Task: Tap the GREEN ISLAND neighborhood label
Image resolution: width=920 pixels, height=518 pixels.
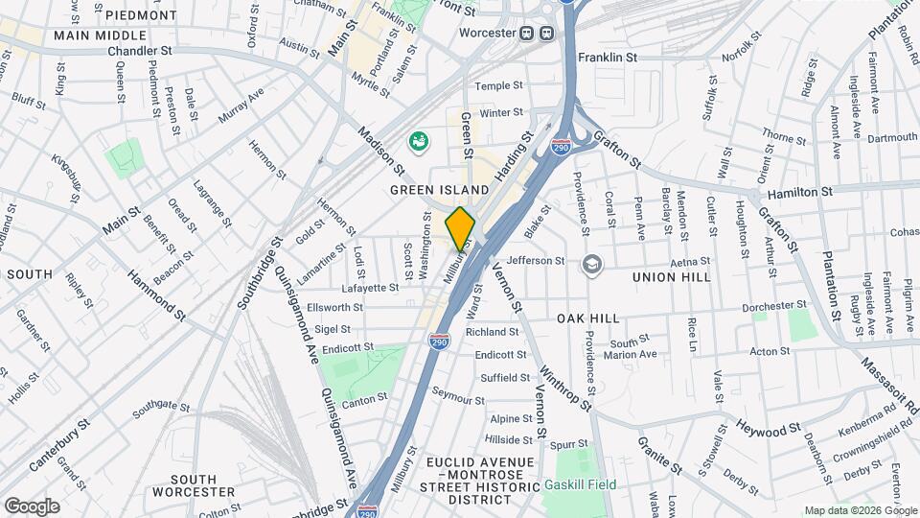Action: (433, 191)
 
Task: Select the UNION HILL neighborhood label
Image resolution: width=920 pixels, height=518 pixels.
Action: (671, 276)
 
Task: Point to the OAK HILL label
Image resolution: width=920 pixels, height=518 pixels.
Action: (588, 318)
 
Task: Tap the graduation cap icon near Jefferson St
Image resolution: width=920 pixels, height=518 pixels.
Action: (593, 262)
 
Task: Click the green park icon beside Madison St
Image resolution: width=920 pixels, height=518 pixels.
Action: (419, 143)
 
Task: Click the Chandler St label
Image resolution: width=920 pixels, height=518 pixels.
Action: (140, 51)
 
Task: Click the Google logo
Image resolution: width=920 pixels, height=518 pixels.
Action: (32, 506)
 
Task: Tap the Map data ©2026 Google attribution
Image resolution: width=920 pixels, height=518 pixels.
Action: (860, 510)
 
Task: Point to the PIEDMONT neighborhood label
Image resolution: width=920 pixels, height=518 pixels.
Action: (141, 16)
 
